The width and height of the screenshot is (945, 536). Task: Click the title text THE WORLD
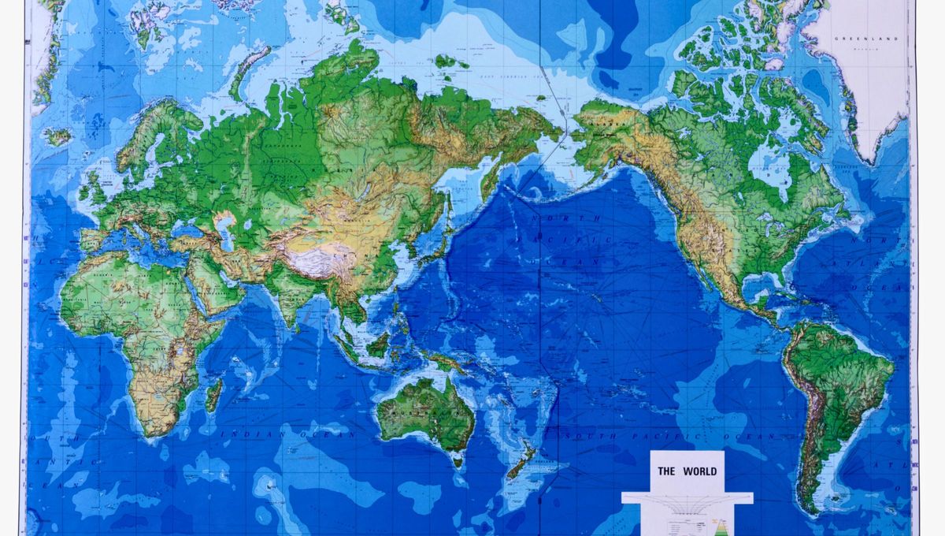pos(687,471)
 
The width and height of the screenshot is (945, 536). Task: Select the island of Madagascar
pos(213,394)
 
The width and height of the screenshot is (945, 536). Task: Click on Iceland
pos(57,136)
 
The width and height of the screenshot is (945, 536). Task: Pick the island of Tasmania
pos(458,460)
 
